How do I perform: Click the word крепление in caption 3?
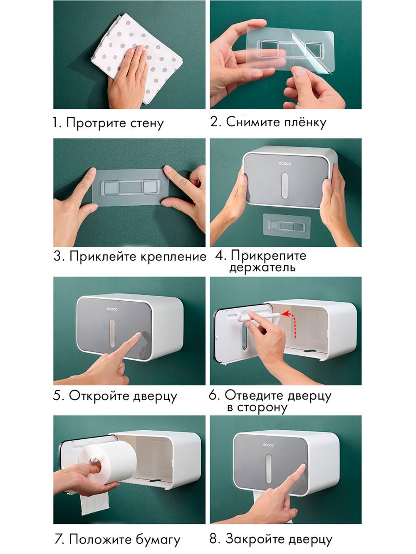(173, 257)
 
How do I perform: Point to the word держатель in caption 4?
(262, 268)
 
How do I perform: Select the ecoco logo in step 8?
(268, 445)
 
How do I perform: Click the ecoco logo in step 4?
(285, 164)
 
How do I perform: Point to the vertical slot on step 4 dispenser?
(285, 185)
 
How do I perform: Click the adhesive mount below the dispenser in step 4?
(287, 225)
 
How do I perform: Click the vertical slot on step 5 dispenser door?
(111, 332)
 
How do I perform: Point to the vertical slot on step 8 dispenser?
(268, 469)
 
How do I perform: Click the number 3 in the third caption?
(57, 257)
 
